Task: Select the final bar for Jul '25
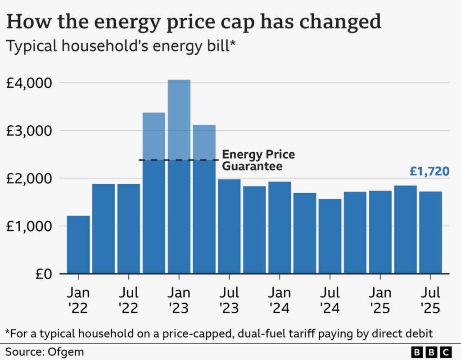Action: (430, 232)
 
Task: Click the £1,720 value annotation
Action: (429, 171)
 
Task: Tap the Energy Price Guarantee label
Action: (258, 160)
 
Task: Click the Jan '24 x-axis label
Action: (280, 301)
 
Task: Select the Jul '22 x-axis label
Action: (128, 301)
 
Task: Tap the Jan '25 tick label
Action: (380, 301)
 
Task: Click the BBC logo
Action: (431, 351)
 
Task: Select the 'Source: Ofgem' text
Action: (45, 351)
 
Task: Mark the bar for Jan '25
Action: (380, 232)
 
